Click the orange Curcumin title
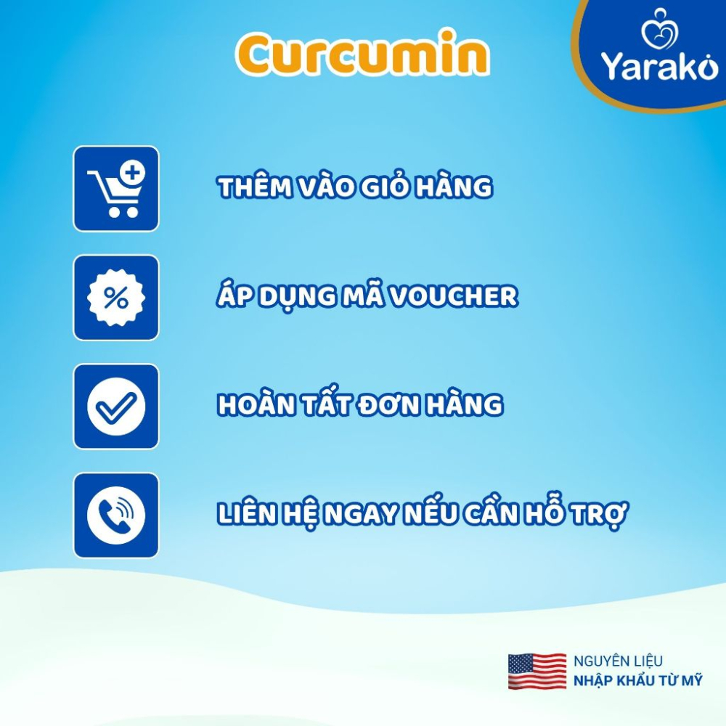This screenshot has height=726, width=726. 362,53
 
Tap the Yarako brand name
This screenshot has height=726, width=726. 659,66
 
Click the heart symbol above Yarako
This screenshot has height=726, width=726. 660,29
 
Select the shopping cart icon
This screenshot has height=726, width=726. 116,189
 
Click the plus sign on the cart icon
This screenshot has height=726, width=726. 132,173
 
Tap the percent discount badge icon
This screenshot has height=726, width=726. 116,298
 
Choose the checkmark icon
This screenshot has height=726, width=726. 116,407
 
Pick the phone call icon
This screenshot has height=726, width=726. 116,515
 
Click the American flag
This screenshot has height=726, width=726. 537,672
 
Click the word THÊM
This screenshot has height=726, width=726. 255,187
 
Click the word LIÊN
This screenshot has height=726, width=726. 247,513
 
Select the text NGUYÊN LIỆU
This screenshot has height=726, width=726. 618,661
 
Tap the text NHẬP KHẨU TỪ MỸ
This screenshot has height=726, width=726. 638,680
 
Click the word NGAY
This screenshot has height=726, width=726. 361,514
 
